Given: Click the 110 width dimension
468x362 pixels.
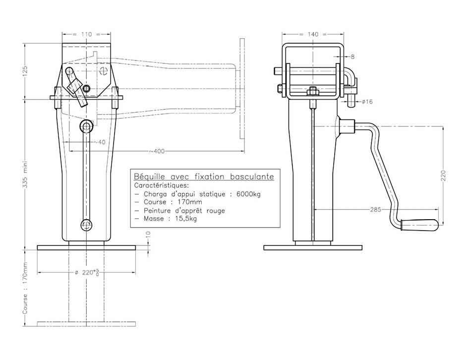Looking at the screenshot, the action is pos(86,34).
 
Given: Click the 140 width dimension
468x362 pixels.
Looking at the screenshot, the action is pos(312,34).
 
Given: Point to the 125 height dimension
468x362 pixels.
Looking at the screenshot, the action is pos(25,71).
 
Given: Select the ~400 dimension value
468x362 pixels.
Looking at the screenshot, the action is pos(157,151).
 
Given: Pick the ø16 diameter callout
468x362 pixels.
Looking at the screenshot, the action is pos(367,102).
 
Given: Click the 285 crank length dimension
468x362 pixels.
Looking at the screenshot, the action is pos(375,209).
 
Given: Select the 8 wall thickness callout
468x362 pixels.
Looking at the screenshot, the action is pos(352,57).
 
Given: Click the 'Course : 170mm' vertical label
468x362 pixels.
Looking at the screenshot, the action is pos(25,288).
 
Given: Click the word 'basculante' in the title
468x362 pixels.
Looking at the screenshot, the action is pos(252,177).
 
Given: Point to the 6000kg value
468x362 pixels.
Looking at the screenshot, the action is pos(248,194).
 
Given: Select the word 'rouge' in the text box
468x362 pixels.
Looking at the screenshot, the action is pos(216,211).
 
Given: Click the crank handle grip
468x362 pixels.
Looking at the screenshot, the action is pos(419,225).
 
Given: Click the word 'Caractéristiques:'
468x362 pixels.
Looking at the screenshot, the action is pos(162,185).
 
